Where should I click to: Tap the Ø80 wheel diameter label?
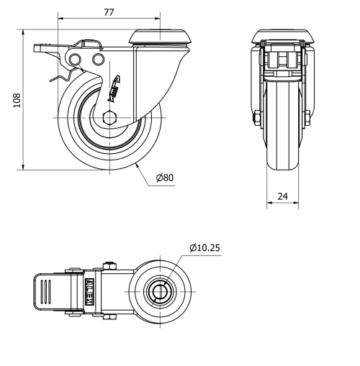click(164, 178)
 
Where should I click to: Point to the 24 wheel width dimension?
click(282, 195)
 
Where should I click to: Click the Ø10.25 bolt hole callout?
click(205, 248)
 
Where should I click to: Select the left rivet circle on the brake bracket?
click(75, 58)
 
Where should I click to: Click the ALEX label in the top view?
click(90, 292)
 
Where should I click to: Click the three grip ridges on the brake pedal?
click(45, 293)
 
